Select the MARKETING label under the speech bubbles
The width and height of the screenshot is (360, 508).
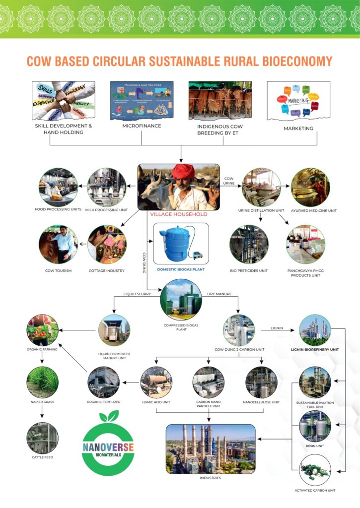coord(298,128)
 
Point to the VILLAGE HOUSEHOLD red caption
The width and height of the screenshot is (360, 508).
coord(178,215)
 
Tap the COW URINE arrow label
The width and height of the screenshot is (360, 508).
coord(229,181)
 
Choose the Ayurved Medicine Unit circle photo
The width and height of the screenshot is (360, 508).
coord(310,187)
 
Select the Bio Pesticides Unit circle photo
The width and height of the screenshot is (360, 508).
coord(249,244)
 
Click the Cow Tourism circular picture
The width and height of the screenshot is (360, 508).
coord(58,245)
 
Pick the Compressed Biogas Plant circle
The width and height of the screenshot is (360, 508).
coord(181,299)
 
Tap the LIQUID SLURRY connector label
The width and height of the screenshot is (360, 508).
coord(137,294)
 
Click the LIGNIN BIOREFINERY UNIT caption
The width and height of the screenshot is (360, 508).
coord(314,349)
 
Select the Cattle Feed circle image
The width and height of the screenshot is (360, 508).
coord(42,438)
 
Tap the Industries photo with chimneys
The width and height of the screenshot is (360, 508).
coord(211,449)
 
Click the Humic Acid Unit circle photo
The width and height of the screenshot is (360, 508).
coord(156,382)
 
